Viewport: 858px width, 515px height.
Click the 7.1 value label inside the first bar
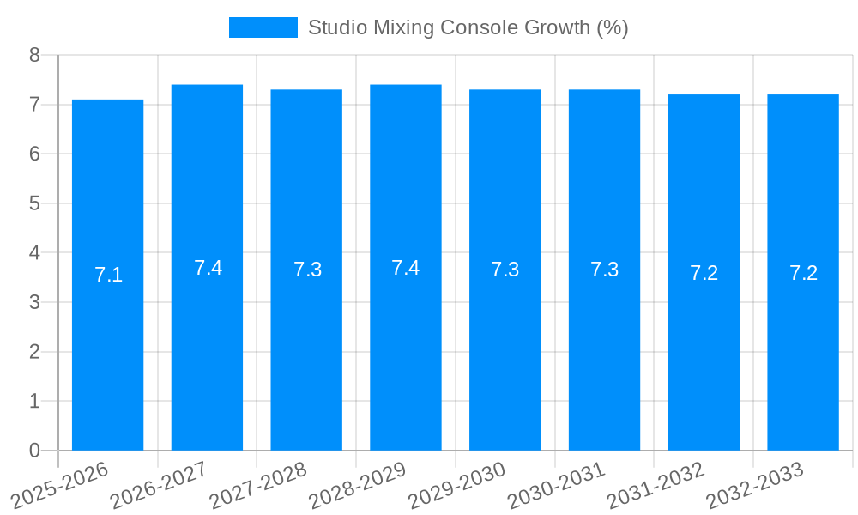coord(108,276)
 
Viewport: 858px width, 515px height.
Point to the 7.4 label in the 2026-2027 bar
coord(208,268)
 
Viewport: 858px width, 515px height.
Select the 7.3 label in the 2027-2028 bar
coord(307,270)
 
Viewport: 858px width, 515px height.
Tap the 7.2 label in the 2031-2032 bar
coord(704,273)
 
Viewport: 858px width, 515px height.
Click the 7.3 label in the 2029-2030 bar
coord(505,270)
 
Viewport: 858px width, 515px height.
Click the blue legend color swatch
coord(263,27)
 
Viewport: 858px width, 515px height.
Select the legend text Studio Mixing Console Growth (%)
coord(468,27)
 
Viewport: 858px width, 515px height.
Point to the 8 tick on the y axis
coord(34,55)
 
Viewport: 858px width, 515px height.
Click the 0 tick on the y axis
coord(34,451)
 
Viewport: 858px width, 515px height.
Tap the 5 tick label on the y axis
coord(34,203)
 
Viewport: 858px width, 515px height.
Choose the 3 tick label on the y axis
coord(34,302)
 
